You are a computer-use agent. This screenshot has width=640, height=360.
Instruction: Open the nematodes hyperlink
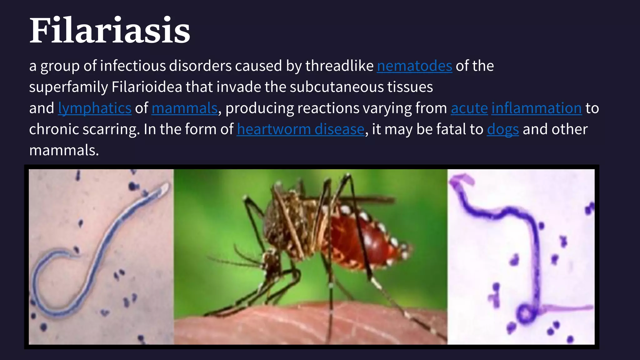[x=414, y=66]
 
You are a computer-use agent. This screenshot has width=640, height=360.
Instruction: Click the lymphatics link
[x=95, y=108]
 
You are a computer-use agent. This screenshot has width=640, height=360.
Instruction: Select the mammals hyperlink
[x=184, y=108]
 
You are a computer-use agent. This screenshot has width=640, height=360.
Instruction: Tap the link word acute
[x=469, y=108]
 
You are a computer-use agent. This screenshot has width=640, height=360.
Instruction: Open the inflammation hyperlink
[x=536, y=108]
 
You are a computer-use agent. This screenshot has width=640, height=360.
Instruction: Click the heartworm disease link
[x=300, y=129]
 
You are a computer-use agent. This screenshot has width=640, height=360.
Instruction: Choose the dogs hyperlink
[x=502, y=129]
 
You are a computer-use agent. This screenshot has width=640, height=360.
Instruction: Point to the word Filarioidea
[x=147, y=87]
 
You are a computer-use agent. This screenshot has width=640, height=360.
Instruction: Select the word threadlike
[x=339, y=66]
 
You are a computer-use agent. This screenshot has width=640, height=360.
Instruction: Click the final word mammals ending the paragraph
[x=64, y=151]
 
